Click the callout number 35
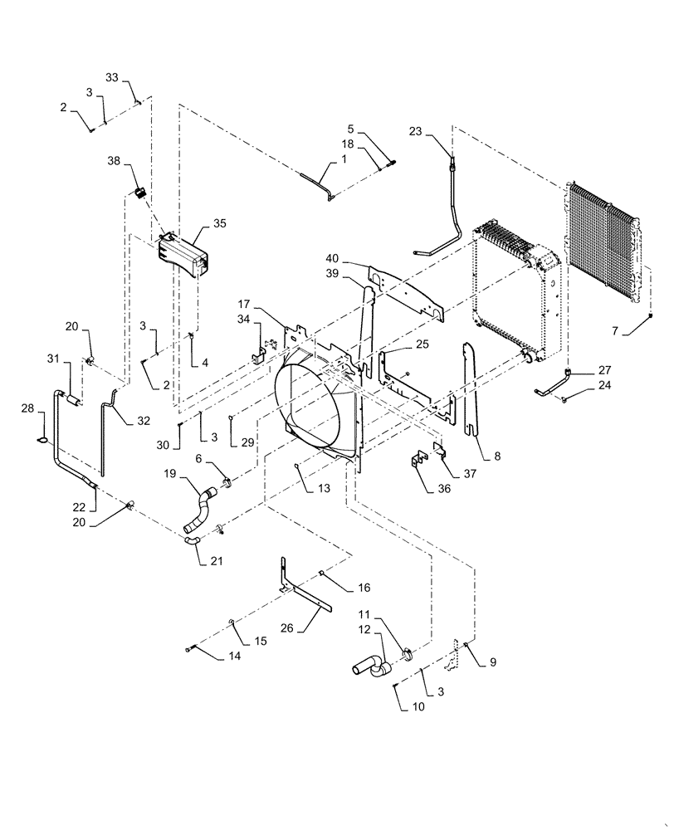[219, 223]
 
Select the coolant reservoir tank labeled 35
[181, 251]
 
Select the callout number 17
[245, 305]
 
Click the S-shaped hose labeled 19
[199, 509]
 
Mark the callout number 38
[114, 162]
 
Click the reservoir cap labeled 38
[140, 193]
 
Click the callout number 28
[27, 408]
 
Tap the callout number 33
[111, 78]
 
